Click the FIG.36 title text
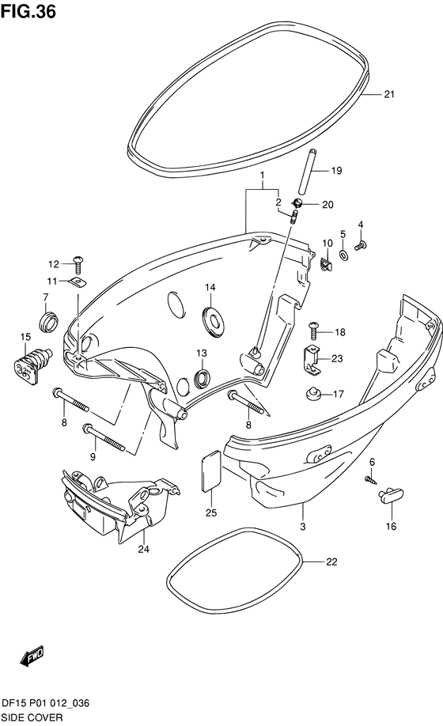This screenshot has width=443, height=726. click(28, 10)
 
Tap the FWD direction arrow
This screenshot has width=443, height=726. click(32, 656)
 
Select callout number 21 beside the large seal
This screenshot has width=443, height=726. click(389, 94)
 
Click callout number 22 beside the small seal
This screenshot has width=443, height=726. click(344, 562)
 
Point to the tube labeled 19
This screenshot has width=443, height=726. click(308, 172)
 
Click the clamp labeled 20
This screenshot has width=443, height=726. click(297, 202)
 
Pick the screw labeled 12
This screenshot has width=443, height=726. click(78, 265)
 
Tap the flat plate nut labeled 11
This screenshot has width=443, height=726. click(78, 282)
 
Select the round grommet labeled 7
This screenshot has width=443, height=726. click(48, 322)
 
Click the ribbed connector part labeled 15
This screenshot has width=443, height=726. click(31, 365)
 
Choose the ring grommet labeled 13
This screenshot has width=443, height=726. click(203, 378)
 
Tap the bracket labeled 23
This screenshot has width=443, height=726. click(311, 359)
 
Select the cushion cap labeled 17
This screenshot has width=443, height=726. click(314, 395)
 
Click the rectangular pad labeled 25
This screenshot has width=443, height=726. click(211, 471)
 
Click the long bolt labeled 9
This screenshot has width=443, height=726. click(104, 437)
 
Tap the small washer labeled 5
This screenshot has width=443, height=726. click(343, 255)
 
